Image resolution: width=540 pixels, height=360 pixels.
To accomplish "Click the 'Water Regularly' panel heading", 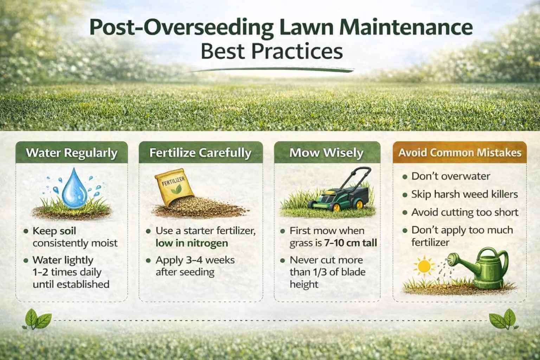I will coord(72,153).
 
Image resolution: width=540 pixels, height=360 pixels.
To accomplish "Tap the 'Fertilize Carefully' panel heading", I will coord(200,153).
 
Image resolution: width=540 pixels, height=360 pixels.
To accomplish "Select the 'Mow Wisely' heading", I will coord(327,153).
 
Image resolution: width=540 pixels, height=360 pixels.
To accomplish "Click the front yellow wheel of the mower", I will coord(336,206).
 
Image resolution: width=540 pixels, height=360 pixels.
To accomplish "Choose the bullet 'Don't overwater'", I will coord(451,176).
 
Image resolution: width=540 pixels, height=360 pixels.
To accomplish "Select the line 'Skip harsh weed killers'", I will coord(464,194).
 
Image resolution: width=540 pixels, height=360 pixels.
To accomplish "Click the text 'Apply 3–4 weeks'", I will coord(195,260).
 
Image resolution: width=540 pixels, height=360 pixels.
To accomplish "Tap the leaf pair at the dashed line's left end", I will coord(37,319).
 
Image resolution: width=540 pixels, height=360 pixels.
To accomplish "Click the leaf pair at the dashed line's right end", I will coord(502,319).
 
